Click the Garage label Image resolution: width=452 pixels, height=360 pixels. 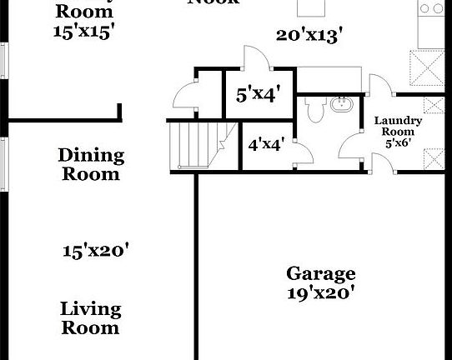321,273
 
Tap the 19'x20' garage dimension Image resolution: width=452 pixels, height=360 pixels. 321,292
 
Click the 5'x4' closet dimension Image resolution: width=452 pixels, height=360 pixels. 256,94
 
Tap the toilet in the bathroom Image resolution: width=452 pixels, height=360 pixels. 314,107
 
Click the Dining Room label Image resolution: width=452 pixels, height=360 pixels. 90,165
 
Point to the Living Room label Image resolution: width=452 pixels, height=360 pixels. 90,318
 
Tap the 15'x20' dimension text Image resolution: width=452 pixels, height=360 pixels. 96,250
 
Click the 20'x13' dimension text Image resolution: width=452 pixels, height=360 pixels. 310,35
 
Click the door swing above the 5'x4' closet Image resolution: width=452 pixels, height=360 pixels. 252,59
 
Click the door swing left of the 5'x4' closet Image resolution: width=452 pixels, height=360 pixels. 184,97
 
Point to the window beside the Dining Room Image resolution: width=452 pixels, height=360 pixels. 5,163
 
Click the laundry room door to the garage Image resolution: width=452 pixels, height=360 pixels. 383,162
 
